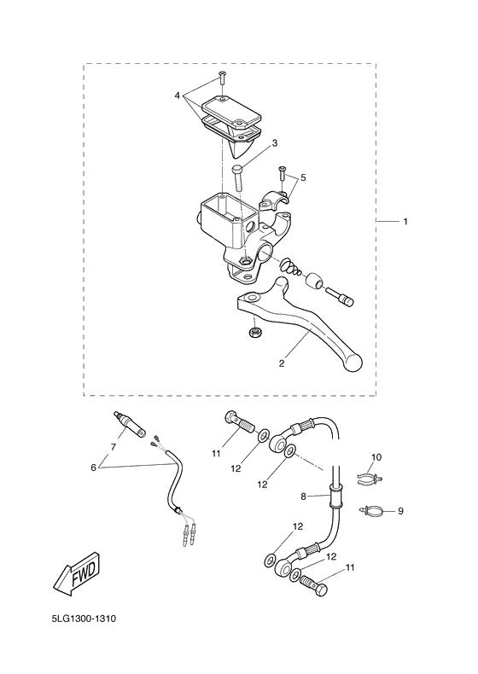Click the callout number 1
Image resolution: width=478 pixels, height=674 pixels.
click(405, 222)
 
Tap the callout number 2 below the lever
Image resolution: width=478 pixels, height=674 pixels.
click(281, 363)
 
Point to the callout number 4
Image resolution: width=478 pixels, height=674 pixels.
click(177, 96)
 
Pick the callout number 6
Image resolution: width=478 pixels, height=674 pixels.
click(94, 468)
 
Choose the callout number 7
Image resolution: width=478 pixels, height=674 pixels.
click(112, 446)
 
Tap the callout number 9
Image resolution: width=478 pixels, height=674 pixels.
click(400, 512)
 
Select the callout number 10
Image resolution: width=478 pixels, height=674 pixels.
click(376, 458)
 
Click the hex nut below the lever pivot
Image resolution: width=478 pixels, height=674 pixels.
click(254, 332)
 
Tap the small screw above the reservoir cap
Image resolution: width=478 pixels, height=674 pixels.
click(221, 78)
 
